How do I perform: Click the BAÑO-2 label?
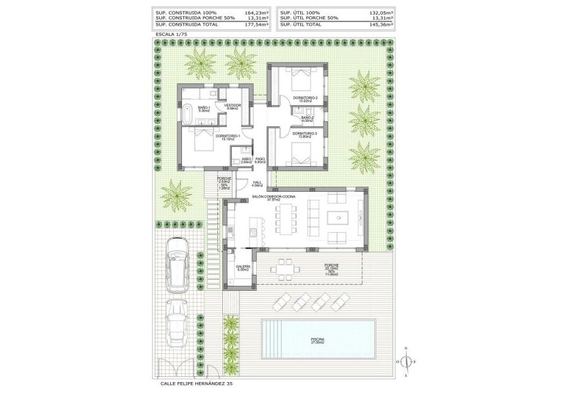pyautogui.click(x=307, y=117)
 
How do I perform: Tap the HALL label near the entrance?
pyautogui.click(x=258, y=183)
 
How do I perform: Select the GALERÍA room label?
pyautogui.click(x=243, y=267)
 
